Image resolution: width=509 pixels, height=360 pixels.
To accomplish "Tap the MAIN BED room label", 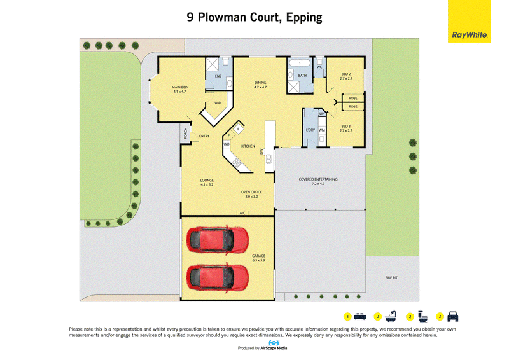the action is coord(179,87).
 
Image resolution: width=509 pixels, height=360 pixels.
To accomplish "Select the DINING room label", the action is coord(260,83).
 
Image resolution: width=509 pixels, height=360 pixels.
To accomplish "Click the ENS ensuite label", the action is coord(218,76).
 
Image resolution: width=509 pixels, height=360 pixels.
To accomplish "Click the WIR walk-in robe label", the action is coord(218,103).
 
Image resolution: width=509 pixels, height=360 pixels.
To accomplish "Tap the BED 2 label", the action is coord(346,74).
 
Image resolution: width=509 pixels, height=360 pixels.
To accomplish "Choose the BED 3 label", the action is coord(346,127).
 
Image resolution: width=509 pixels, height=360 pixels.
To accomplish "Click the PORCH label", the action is coord(185,133).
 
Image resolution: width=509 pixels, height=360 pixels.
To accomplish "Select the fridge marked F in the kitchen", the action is coord(238,129).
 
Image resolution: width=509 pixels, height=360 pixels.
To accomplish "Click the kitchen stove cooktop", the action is coord(236,163).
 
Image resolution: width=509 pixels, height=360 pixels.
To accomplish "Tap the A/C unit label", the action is coord(242,213).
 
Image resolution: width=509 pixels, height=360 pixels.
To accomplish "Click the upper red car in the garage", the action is coord(217,240).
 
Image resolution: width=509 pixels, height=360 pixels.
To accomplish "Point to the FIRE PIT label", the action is coord(391,278).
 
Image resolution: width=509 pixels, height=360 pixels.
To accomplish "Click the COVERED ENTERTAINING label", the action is coord(318,179).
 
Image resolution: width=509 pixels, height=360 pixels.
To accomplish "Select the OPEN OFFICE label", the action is coord(251,192).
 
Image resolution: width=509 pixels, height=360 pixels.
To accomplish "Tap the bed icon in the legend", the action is coord(360,316).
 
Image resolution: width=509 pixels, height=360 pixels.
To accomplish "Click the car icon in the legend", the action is coord(453,316).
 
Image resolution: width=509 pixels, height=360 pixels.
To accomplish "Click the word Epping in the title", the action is coord(304,18).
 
